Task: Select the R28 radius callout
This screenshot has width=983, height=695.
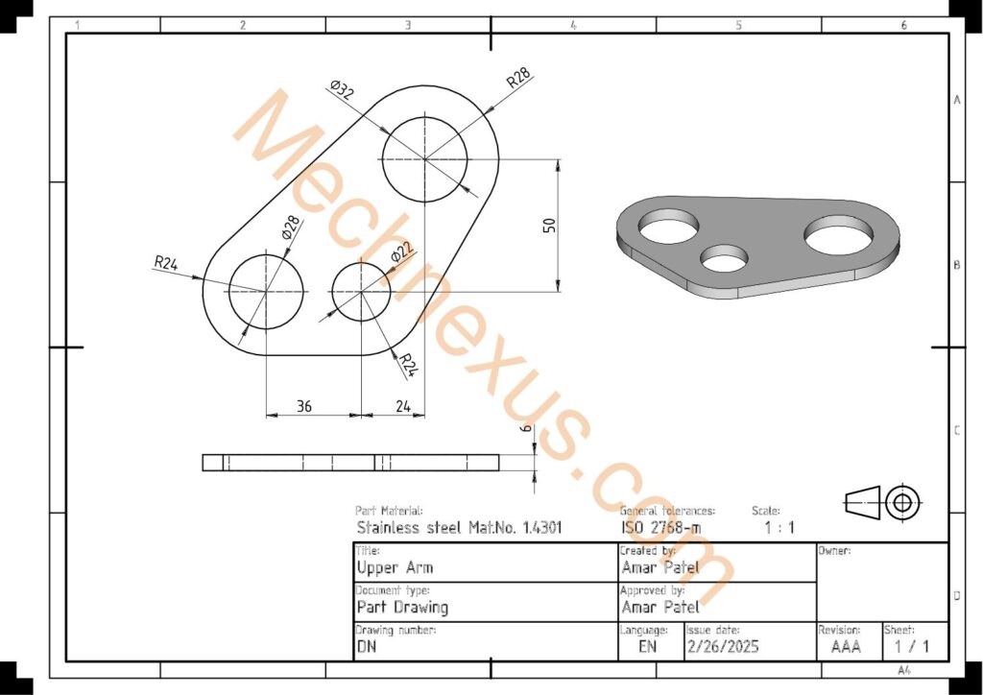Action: [518, 79]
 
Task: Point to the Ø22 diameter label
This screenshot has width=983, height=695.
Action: [401, 252]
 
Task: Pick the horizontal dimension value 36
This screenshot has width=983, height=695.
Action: [303, 406]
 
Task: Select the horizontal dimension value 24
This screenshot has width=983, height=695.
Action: [403, 406]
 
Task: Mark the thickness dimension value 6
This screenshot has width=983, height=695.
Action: [524, 432]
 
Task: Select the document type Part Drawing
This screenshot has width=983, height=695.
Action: [402, 608]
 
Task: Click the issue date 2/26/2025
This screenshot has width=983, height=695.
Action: [723, 647]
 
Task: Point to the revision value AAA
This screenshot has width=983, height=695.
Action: [846, 647]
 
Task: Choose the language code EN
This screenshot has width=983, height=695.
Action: [648, 647]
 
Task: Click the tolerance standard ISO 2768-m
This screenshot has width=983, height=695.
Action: [660, 527]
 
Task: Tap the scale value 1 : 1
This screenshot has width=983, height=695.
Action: [779, 527]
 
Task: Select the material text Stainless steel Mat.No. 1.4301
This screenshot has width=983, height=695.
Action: [459, 527]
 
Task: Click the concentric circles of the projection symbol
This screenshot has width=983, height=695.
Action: [902, 501]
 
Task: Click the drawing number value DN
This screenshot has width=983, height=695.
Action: [366, 647]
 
